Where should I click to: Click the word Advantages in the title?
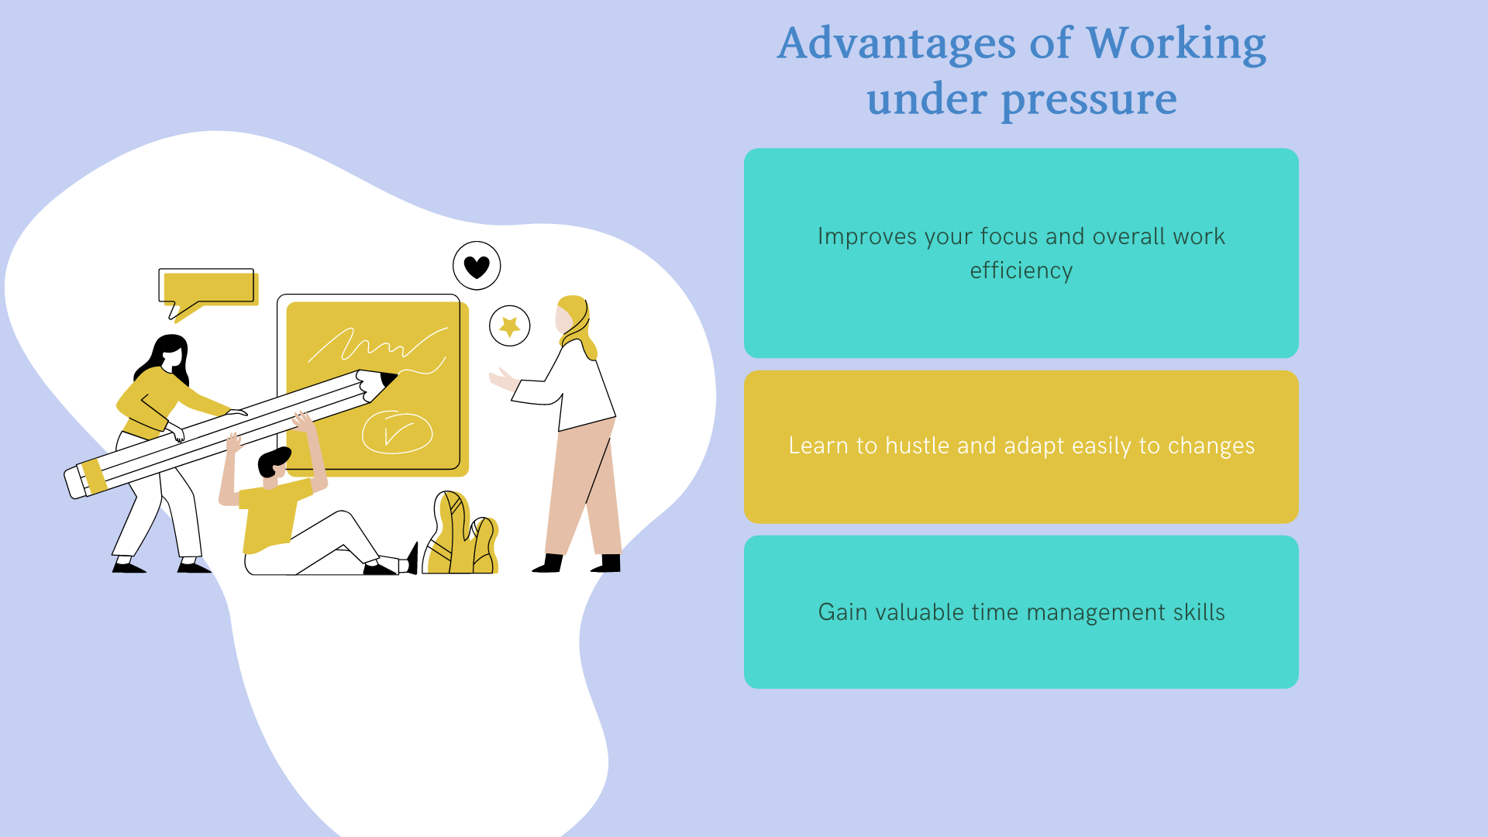click(x=897, y=45)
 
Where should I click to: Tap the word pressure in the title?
click(x=1089, y=101)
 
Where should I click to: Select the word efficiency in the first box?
click(x=1021, y=270)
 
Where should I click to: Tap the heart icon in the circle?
click(x=477, y=267)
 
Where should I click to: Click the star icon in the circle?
click(x=510, y=326)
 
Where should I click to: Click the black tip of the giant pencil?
click(x=389, y=379)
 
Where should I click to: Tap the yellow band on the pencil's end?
click(x=94, y=476)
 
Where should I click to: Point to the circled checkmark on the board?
click(x=397, y=432)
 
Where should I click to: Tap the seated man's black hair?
click(x=273, y=462)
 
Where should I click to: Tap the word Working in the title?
click(x=1176, y=45)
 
